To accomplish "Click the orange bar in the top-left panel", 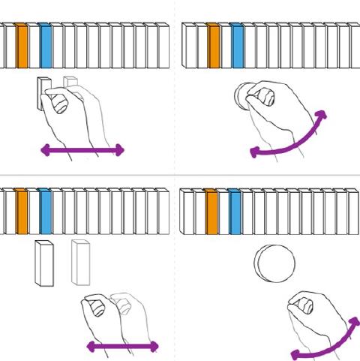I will click(22, 47).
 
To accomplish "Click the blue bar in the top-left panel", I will click(46, 47).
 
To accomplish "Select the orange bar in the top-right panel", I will click(214, 47).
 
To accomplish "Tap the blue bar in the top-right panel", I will click(238, 47).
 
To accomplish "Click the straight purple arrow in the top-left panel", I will click(82, 151).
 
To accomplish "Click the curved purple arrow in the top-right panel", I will click(289, 143).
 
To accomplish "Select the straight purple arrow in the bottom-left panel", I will click(122, 346).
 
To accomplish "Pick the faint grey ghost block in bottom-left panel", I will click(80, 262).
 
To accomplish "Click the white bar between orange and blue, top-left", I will click(34, 47).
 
